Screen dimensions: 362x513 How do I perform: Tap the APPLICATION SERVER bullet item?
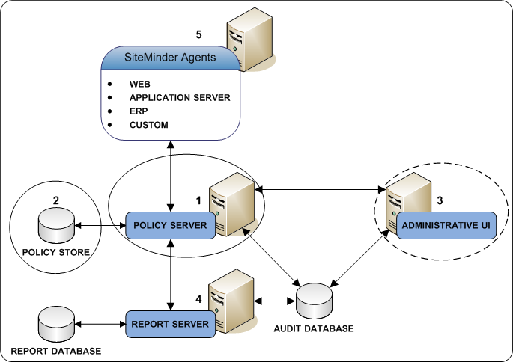(179, 97)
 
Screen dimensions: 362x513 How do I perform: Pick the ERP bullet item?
(138, 111)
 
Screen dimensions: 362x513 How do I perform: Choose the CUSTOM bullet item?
(148, 124)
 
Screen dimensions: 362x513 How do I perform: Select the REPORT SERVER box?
(169, 324)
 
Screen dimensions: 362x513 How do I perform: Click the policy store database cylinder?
(55, 225)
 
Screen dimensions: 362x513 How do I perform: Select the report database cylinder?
(55, 324)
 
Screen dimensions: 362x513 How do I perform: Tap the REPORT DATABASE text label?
(55, 350)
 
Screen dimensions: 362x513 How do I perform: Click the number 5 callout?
(198, 34)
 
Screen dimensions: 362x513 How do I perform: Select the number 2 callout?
(55, 200)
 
